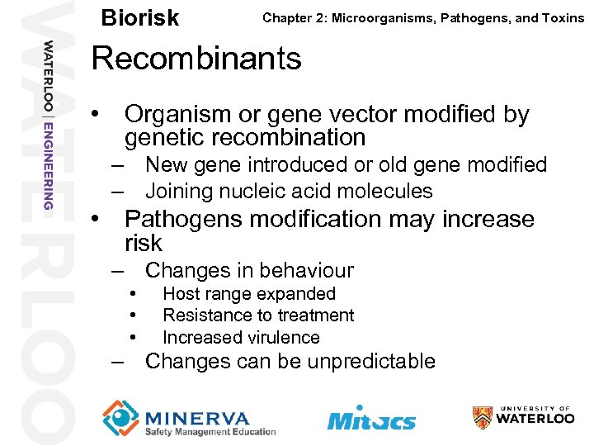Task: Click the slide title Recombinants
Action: [196, 59]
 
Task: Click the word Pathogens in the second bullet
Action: [185, 220]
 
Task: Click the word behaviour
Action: [306, 270]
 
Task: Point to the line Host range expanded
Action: [248, 293]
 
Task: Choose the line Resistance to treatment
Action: [257, 315]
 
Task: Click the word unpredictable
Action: [370, 361]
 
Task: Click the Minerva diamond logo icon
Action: [121, 417]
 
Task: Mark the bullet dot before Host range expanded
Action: [132, 293]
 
